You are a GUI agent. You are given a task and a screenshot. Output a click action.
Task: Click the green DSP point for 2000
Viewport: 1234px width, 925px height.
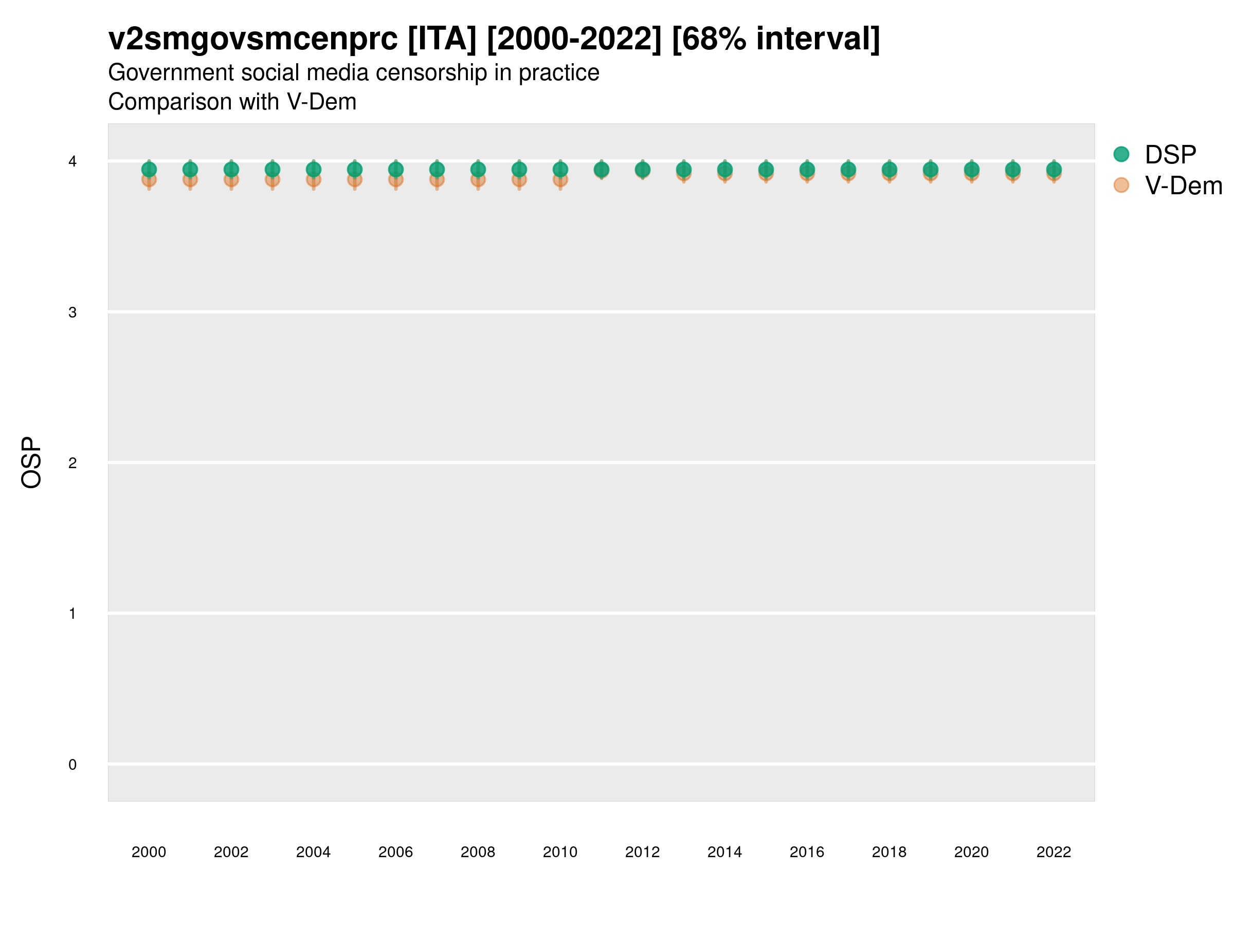[x=149, y=170]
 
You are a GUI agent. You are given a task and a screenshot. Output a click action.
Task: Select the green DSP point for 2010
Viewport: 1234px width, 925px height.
[x=560, y=170]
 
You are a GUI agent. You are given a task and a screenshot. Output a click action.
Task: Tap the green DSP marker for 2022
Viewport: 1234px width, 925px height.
[x=1054, y=170]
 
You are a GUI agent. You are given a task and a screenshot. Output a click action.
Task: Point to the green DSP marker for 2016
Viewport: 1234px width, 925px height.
[x=807, y=170]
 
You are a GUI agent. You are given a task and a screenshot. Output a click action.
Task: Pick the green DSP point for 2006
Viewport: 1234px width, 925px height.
[x=395, y=170]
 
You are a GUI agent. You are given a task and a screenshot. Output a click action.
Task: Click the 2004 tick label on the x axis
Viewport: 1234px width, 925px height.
[x=313, y=852]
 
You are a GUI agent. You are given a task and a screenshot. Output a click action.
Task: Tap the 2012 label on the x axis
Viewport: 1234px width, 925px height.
[x=642, y=852]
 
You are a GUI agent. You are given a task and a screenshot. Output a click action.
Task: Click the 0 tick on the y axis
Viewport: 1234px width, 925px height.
[x=72, y=765]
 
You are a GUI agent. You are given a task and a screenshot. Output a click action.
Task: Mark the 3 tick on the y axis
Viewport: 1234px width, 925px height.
[x=72, y=312]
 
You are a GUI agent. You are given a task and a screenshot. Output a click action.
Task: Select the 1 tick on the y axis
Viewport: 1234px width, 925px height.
[x=72, y=614]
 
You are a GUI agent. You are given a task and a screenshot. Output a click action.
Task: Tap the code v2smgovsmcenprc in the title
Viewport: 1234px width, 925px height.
[x=253, y=39]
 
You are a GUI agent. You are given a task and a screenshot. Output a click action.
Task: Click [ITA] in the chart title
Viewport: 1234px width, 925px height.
[x=442, y=39]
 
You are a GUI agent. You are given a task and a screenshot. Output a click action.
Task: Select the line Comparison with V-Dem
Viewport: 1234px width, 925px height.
[x=232, y=102]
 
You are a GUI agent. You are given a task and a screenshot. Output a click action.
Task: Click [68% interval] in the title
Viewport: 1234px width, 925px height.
[x=775, y=39]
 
